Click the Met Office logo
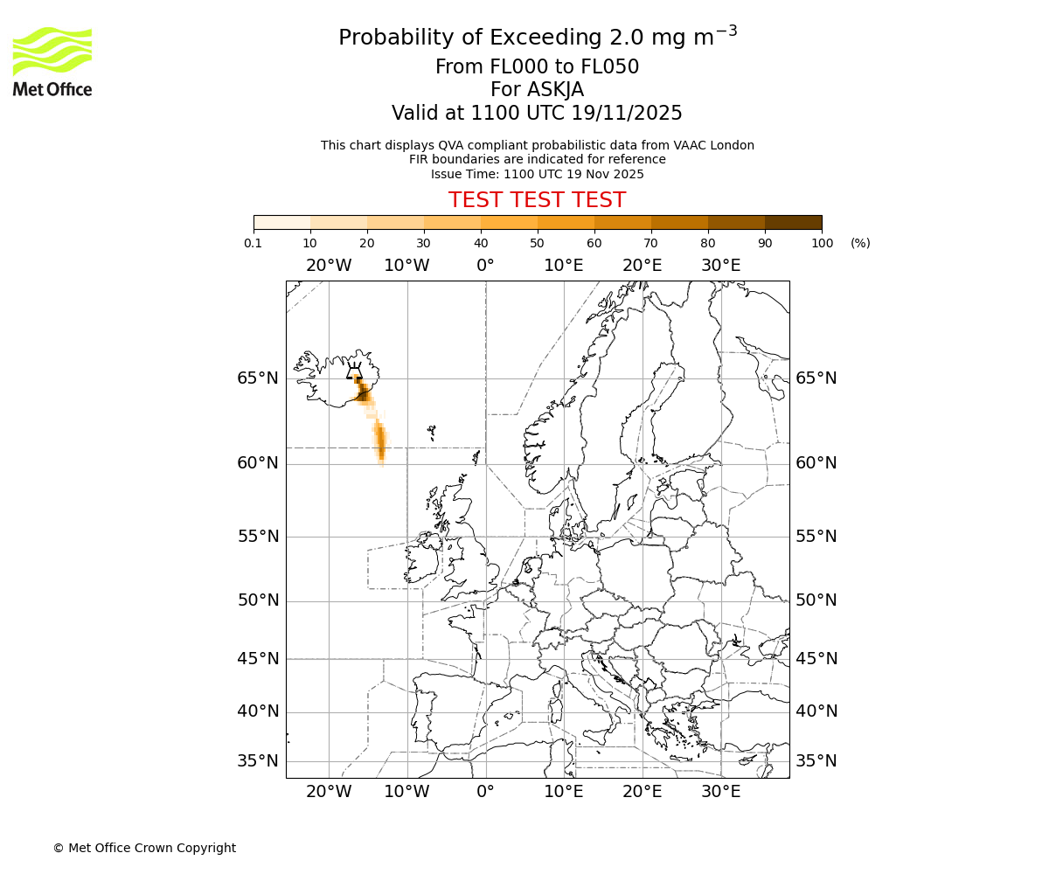pyautogui.click(x=52, y=61)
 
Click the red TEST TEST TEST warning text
pyautogui.click(x=537, y=200)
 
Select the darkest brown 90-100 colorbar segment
pyautogui.click(x=793, y=222)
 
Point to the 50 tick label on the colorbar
pyautogui.click(x=537, y=243)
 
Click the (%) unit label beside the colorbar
pyautogui.click(x=860, y=243)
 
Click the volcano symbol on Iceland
pyautogui.click(x=354, y=371)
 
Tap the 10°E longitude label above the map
pyautogui.click(x=564, y=266)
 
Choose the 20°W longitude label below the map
pyautogui.click(x=329, y=792)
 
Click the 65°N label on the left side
pyautogui.click(x=258, y=378)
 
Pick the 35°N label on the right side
pyautogui.click(x=816, y=761)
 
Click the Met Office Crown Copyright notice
pyautogui.click(x=144, y=848)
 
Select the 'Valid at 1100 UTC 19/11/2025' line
pyautogui.click(x=537, y=114)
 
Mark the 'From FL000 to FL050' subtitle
pyautogui.click(x=537, y=67)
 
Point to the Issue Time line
pyautogui.click(x=537, y=174)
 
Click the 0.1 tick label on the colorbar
pyautogui.click(x=254, y=243)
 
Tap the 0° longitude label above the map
pyautogui.click(x=485, y=266)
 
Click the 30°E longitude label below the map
pyautogui.click(x=721, y=792)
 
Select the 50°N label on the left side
pyautogui.click(x=258, y=600)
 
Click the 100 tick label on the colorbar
pyautogui.click(x=822, y=243)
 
